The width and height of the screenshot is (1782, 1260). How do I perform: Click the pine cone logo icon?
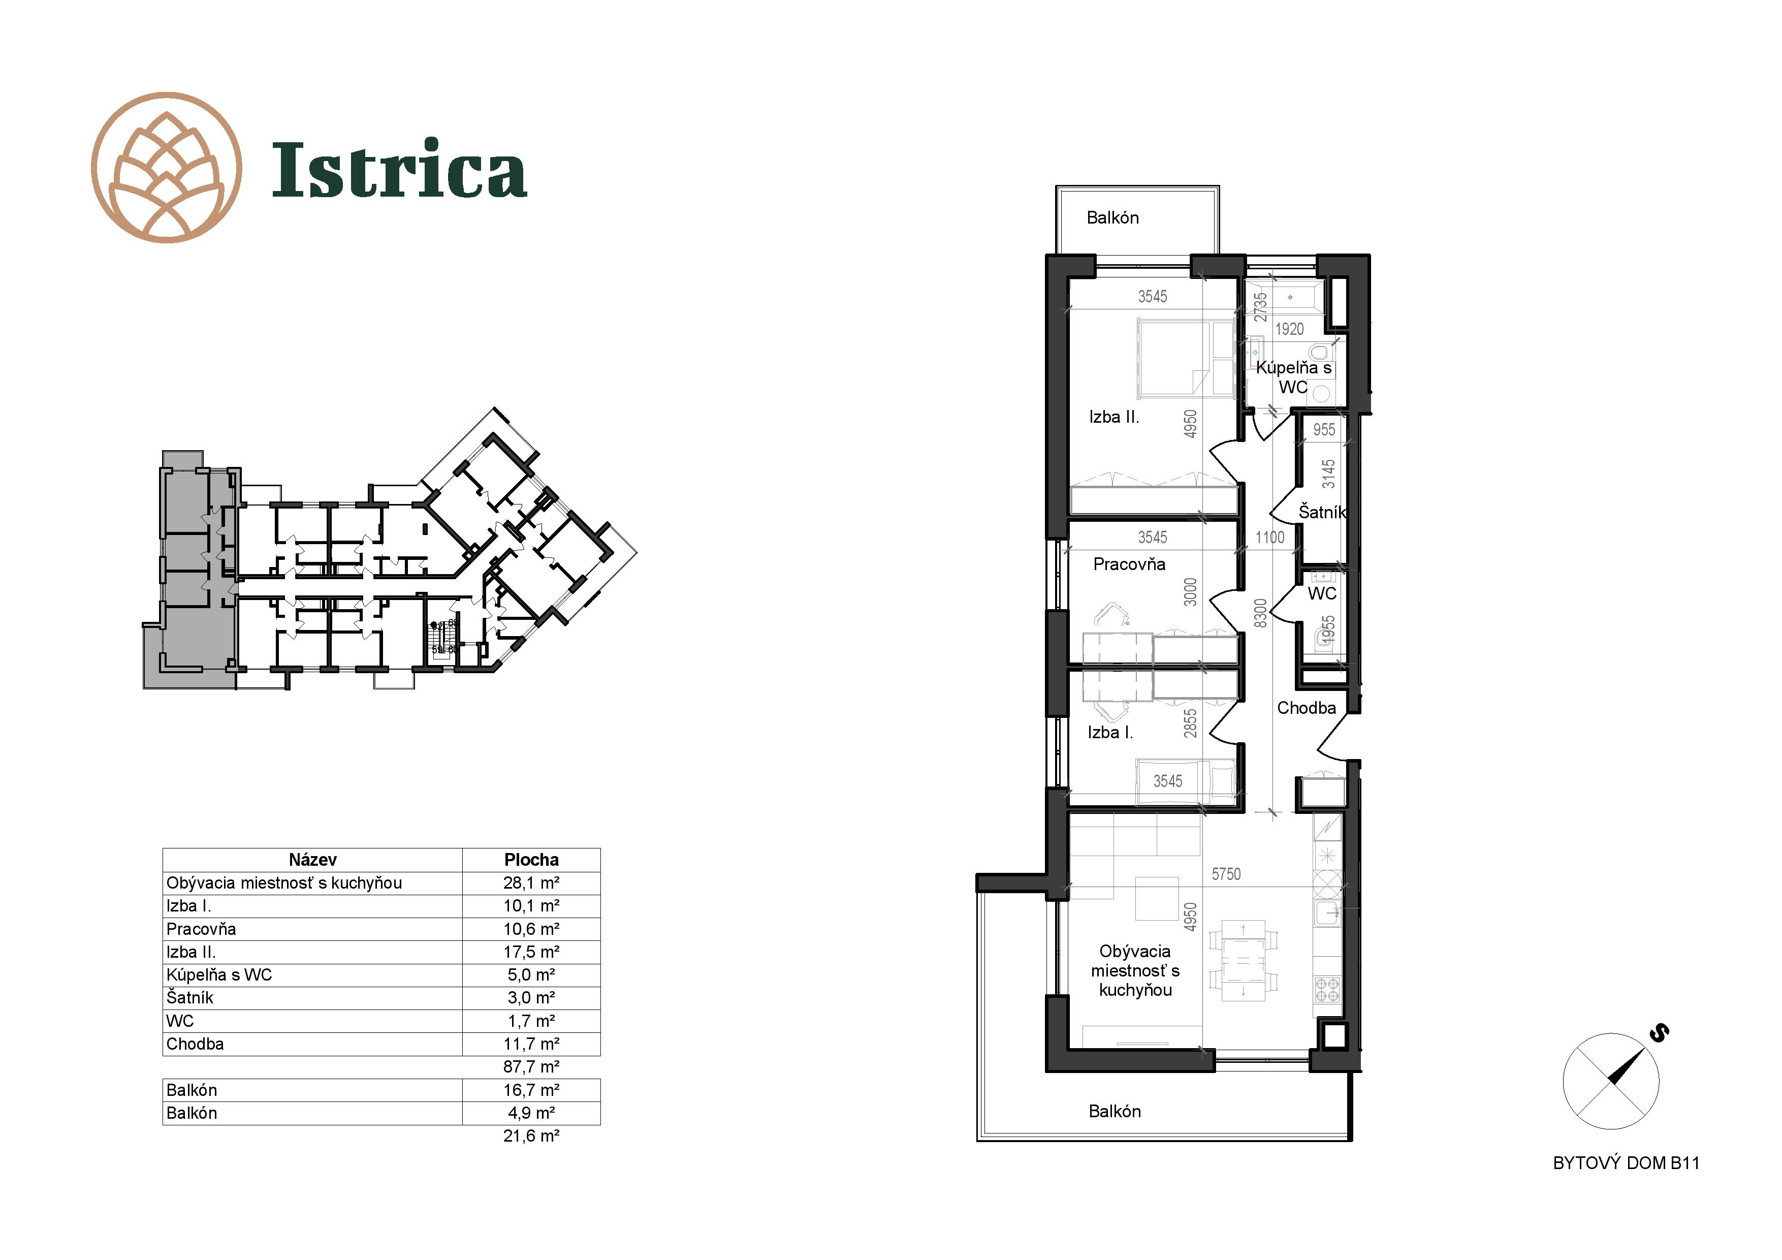tap(166, 168)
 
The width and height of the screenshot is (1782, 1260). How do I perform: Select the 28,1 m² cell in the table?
tap(531, 883)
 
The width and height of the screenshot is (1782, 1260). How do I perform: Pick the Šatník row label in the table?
tap(189, 998)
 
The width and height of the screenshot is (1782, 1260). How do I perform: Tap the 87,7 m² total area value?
tap(531, 1067)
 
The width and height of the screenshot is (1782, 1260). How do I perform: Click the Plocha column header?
tap(531, 860)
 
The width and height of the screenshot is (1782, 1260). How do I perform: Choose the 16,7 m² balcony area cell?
tap(531, 1090)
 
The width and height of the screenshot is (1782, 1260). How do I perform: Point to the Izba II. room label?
tap(1113, 417)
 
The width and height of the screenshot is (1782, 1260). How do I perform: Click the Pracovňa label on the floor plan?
tap(1129, 564)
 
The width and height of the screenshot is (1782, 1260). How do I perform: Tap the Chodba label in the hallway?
tap(1306, 708)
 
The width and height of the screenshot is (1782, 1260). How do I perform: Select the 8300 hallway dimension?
tap(1260, 613)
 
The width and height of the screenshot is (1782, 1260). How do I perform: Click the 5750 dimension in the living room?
tap(1226, 874)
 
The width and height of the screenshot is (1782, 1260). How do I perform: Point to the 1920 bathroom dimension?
tap(1290, 329)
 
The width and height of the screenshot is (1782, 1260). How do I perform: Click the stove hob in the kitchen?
tap(1327, 990)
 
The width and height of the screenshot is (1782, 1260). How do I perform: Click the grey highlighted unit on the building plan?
tap(186, 575)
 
